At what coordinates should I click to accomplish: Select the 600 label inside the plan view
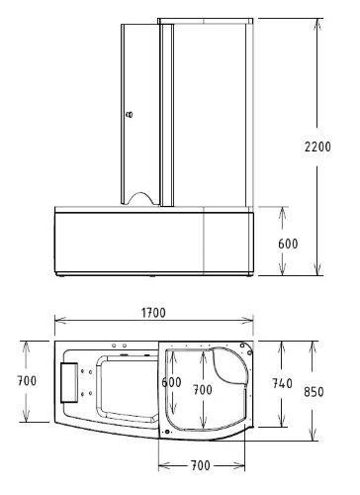point(172,382)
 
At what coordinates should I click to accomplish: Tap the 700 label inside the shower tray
point(202,389)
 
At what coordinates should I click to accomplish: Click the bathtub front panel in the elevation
point(129,243)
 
